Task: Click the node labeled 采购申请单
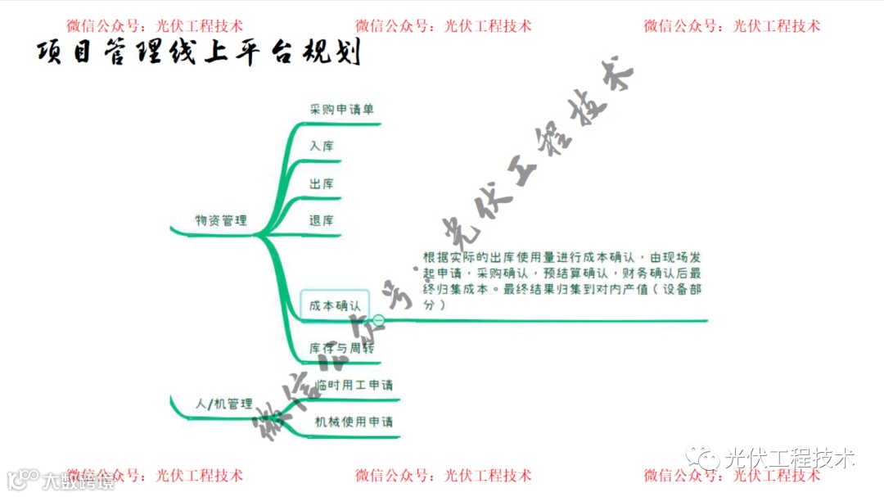click(342, 109)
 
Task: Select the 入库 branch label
click(322, 147)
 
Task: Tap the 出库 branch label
click(322, 184)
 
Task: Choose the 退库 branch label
click(322, 221)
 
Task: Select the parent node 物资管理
click(221, 220)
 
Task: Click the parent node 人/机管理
click(223, 404)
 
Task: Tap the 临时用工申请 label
click(354, 385)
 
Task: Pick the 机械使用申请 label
click(354, 422)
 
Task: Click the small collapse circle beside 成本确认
click(379, 319)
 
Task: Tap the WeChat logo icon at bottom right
click(703, 458)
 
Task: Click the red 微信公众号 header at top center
click(443, 25)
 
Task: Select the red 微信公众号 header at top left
click(155, 25)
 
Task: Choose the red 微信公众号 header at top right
click(731, 25)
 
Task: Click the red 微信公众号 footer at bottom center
click(443, 476)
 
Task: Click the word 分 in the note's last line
click(430, 305)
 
